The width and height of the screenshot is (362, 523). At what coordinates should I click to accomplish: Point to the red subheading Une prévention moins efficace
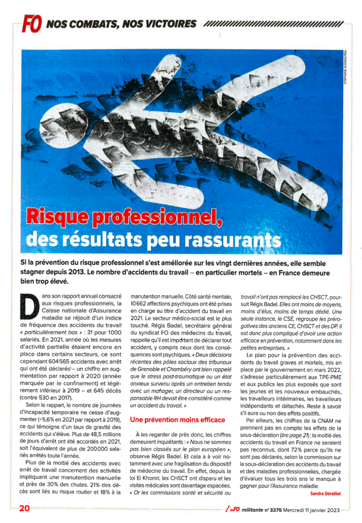coord(177,419)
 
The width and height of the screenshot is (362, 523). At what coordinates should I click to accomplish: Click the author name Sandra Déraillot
coord(326,493)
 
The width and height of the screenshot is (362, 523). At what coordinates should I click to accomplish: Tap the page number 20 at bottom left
coord(25,508)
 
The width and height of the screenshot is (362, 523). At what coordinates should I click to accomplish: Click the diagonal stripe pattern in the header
coord(273,24)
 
